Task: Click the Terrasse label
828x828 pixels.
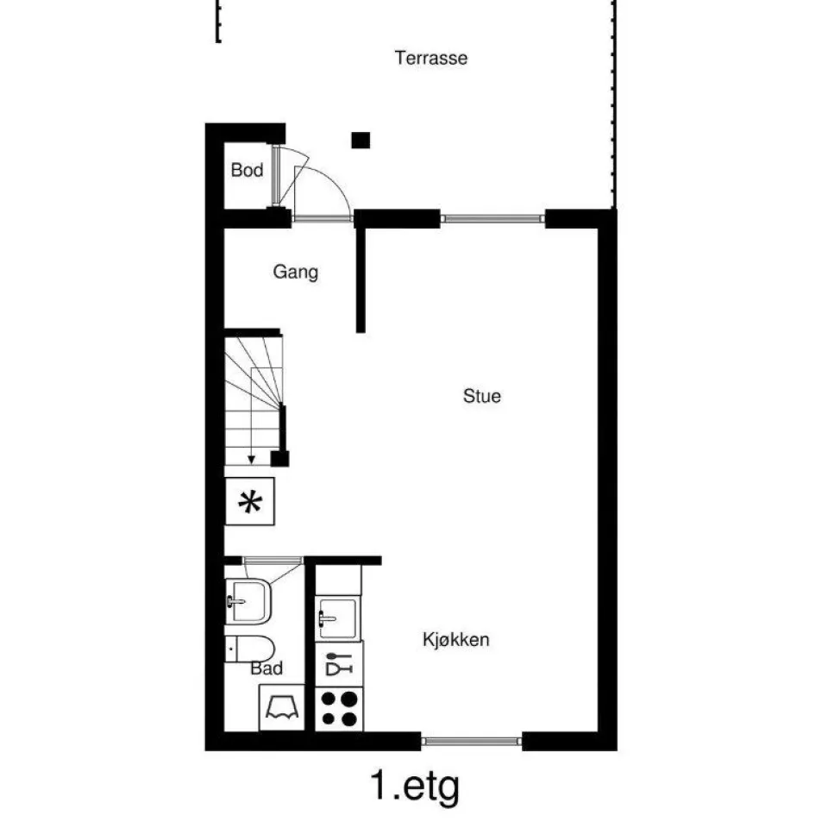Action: (431, 58)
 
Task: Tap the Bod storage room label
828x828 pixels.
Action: (247, 170)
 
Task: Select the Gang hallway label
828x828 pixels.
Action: (295, 272)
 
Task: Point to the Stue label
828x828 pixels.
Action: (481, 396)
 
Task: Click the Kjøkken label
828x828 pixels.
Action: (455, 639)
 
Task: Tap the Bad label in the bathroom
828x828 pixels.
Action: (267, 668)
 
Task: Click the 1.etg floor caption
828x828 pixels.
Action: (415, 787)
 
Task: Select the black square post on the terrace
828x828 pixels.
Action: (361, 141)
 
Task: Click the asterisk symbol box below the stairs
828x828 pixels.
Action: (250, 502)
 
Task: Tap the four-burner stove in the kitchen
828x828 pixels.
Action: (339, 709)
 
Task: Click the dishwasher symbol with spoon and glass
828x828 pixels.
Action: (339, 664)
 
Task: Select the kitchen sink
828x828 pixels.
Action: (338, 618)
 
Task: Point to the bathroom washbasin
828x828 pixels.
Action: (248, 601)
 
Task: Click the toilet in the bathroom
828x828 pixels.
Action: (250, 649)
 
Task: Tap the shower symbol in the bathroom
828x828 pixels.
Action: (282, 707)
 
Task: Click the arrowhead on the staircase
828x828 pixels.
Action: (251, 460)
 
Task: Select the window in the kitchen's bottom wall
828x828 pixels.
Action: (472, 742)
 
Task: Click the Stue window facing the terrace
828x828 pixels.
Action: (492, 218)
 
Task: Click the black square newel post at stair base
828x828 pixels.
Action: (279, 458)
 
